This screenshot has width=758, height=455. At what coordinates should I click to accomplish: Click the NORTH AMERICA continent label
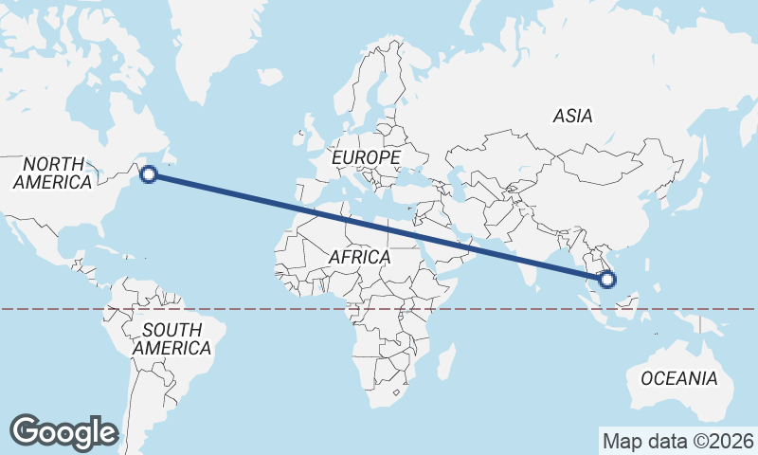54,173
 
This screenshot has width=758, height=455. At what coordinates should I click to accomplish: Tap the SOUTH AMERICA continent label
171,339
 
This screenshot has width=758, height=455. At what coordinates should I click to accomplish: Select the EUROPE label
367,156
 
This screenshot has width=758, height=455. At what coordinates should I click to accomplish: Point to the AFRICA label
359,257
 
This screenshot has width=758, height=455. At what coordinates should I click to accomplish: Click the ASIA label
572,117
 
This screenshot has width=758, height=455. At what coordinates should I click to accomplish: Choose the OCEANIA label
679,378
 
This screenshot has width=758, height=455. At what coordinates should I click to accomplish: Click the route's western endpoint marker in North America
149,173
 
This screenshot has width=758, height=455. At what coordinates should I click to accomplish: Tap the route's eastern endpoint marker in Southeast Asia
607,279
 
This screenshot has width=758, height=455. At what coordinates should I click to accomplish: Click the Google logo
63,432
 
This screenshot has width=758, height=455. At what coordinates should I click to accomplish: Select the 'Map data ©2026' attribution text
677,441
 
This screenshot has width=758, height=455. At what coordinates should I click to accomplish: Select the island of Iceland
270,75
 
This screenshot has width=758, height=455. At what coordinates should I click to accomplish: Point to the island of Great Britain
309,128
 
